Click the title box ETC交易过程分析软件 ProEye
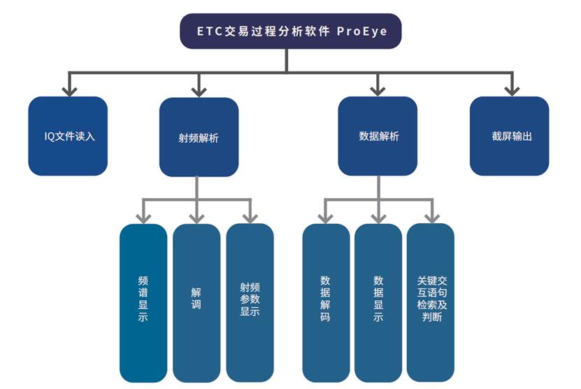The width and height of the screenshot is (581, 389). coord(291,31)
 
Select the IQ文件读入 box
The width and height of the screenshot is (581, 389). coord(68,136)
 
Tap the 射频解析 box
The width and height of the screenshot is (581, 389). coord(199,137)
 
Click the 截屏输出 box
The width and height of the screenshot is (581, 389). coord(509,136)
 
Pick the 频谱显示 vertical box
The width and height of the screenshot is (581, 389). coord(143,302)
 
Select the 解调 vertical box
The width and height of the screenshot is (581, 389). coord(196,302)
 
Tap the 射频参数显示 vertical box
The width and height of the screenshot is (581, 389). coord(250,302)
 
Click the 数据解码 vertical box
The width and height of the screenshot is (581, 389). coord(326,302)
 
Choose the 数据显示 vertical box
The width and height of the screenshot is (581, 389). coord(378,302)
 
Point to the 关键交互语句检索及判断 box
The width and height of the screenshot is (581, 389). coord(431,302)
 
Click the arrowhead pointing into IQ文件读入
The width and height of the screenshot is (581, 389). coord(68,90)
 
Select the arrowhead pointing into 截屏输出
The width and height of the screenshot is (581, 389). coord(512,90)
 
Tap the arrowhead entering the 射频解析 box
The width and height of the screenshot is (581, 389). coord(199,90)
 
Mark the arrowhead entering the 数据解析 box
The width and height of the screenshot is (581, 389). coord(378,90)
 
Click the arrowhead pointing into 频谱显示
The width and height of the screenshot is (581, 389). coord(143,218)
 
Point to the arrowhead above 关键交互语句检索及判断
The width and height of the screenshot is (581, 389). coord(431,218)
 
